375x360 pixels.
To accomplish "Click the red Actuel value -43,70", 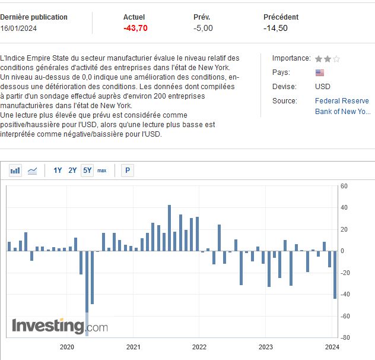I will pos(135,28).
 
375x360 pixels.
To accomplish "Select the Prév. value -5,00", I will pos(203,28).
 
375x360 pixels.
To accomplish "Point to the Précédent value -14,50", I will pos(276,28).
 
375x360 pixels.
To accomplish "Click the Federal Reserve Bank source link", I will pos(342,106).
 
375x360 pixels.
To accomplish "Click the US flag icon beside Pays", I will pos(320,72).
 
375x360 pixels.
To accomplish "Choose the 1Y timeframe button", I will pos(58,170).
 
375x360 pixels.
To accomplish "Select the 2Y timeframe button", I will pos(72,170).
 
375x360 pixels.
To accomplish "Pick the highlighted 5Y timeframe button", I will pos(87,170).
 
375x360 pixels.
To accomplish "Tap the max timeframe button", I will pos(102,170).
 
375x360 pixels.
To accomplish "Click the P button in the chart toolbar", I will pos(127,170).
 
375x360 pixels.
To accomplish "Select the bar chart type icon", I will pos(15,170).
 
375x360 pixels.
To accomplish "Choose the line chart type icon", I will pos(32,170).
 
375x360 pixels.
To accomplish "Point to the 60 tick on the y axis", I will pos(344,187).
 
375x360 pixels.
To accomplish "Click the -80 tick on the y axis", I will pos(344,337).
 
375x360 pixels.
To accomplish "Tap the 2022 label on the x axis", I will pos(199,347).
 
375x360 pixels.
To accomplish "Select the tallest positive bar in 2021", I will pos(169,228).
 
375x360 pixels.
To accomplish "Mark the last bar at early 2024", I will pos(335,274).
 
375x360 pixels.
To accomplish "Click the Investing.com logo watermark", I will pos(59,326).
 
